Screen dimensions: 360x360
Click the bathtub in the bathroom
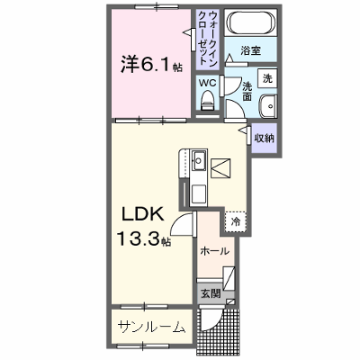[x=251, y=22]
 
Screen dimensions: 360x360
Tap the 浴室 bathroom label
[x=250, y=50]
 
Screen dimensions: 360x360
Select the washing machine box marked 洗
[x=267, y=78]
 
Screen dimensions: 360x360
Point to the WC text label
[x=208, y=83]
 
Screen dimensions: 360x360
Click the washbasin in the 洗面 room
[x=267, y=106]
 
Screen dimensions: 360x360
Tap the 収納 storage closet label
[x=265, y=138]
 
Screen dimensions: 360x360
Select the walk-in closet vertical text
[x=208, y=38]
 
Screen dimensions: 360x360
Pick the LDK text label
[x=142, y=214]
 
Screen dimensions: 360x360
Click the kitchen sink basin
[x=198, y=160]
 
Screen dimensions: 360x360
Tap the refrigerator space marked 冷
[x=236, y=221]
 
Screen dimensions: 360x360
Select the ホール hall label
[x=215, y=251]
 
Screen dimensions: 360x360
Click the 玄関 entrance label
[x=211, y=293]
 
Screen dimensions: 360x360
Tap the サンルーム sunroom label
[x=151, y=327]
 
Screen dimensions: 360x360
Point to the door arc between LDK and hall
[x=178, y=222]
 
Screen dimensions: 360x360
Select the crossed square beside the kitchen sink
[x=220, y=168]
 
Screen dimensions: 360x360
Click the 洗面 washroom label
[x=247, y=91]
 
